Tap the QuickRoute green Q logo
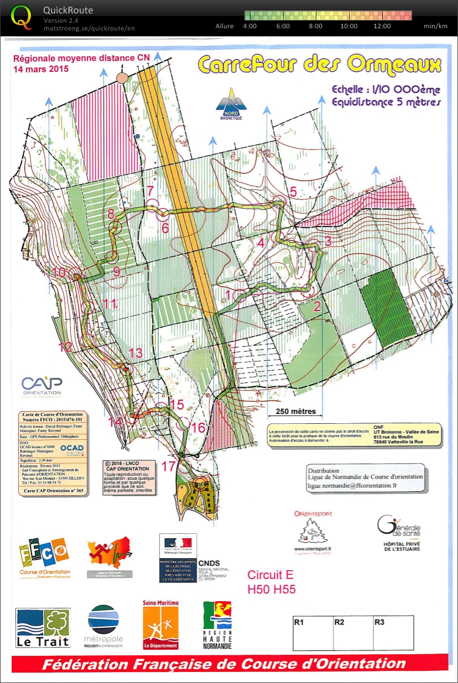(22, 17)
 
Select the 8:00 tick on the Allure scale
(315, 26)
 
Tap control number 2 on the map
(318, 307)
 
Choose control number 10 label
(59, 272)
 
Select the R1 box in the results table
(313, 632)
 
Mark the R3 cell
(393, 632)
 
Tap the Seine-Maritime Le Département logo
(161, 625)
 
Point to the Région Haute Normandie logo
(217, 625)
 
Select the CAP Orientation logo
(41, 385)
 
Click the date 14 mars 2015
(40, 69)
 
